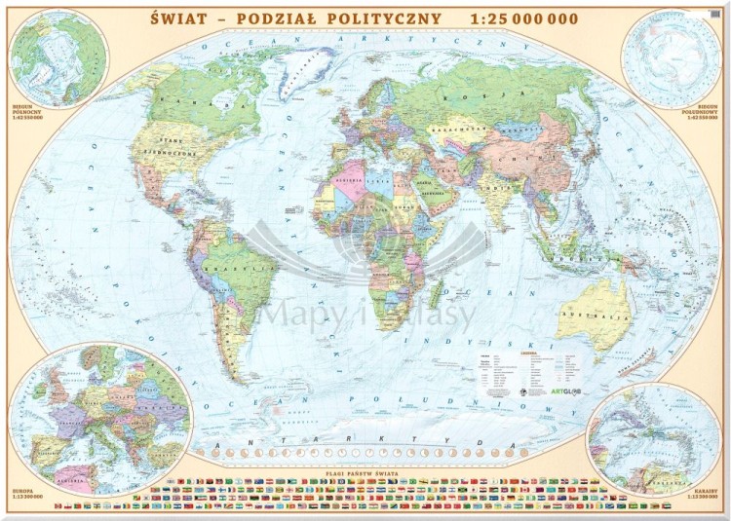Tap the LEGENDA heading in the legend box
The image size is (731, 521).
(x=539, y=354)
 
